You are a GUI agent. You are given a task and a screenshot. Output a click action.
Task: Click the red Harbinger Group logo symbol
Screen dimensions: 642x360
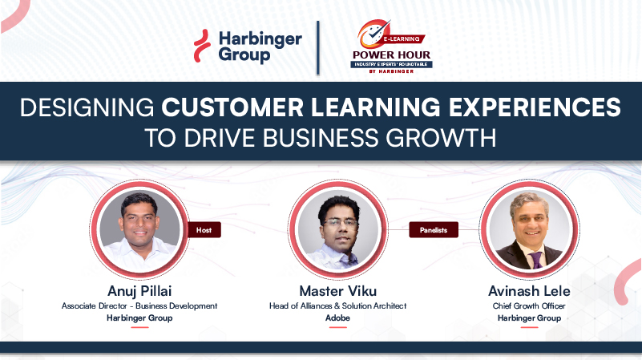pyautogui.click(x=202, y=46)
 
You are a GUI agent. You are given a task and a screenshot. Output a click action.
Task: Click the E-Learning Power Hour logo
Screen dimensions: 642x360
pyautogui.click(x=391, y=47)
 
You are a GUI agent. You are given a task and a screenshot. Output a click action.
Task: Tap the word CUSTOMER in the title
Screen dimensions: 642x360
pyautogui.click(x=232, y=107)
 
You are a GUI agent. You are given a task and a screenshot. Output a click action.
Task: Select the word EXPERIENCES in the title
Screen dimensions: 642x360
pyautogui.click(x=535, y=107)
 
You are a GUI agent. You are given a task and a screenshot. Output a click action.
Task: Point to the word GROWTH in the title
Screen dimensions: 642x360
pyautogui.click(x=441, y=138)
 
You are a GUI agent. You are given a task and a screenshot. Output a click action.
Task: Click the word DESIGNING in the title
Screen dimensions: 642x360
pyautogui.click(x=87, y=107)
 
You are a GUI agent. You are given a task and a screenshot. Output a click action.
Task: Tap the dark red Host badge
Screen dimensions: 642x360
pyautogui.click(x=204, y=230)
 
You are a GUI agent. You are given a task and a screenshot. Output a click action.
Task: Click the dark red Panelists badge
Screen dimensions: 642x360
pyautogui.click(x=434, y=230)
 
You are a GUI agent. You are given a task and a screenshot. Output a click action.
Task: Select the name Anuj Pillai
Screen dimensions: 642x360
pyautogui.click(x=139, y=291)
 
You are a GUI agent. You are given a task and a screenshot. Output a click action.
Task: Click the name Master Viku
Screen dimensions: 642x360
pyautogui.click(x=337, y=291)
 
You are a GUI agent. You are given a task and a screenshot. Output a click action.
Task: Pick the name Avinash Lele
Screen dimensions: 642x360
pyautogui.click(x=529, y=291)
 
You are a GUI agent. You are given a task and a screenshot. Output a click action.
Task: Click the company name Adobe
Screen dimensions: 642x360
pyautogui.click(x=337, y=318)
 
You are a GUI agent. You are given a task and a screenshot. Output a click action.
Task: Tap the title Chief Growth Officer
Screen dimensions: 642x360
pyautogui.click(x=529, y=306)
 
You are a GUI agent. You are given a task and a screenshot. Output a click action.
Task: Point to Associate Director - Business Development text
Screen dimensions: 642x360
pyautogui.click(x=139, y=306)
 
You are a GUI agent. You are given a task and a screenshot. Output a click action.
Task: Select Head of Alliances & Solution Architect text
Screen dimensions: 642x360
pyautogui.click(x=337, y=306)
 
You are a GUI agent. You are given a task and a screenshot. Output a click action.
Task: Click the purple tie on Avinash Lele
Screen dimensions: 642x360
pyautogui.click(x=535, y=260)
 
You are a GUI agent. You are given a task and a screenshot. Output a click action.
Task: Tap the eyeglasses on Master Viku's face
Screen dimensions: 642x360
pyautogui.click(x=340, y=223)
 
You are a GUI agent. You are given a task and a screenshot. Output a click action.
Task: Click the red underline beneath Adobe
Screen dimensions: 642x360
pyautogui.click(x=337, y=327)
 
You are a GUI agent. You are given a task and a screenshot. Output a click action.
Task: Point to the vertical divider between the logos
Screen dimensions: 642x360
pyautogui.click(x=318, y=48)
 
